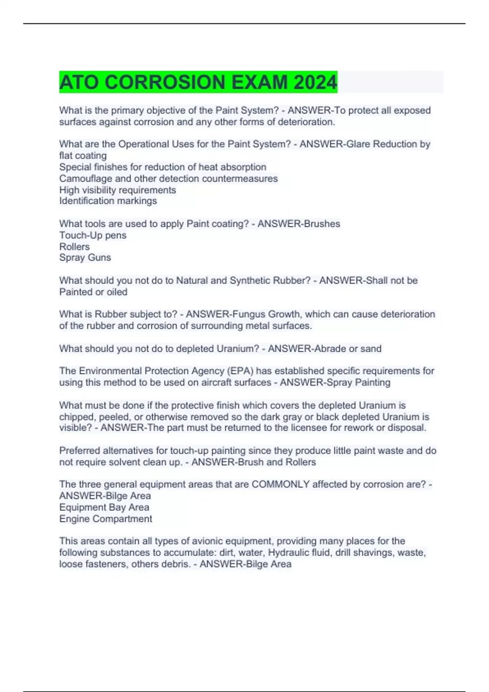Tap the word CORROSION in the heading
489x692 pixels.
(x=165, y=82)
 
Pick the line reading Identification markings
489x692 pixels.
(x=108, y=201)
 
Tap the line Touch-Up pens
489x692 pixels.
(x=93, y=235)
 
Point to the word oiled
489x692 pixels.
(x=117, y=292)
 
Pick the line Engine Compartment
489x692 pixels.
(x=106, y=519)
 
